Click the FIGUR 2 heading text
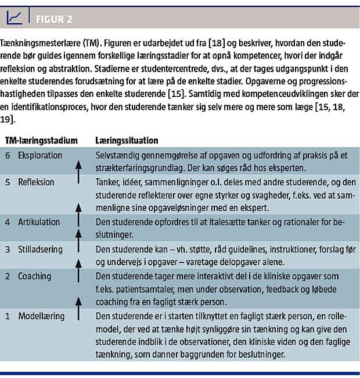pyautogui.click(x=54, y=19)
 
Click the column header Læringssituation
pyautogui.click(x=127, y=141)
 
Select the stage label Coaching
pyautogui.click(x=34, y=275)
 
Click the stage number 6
pyautogui.click(x=8, y=156)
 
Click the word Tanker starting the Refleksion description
pyautogui.click(x=109, y=182)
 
